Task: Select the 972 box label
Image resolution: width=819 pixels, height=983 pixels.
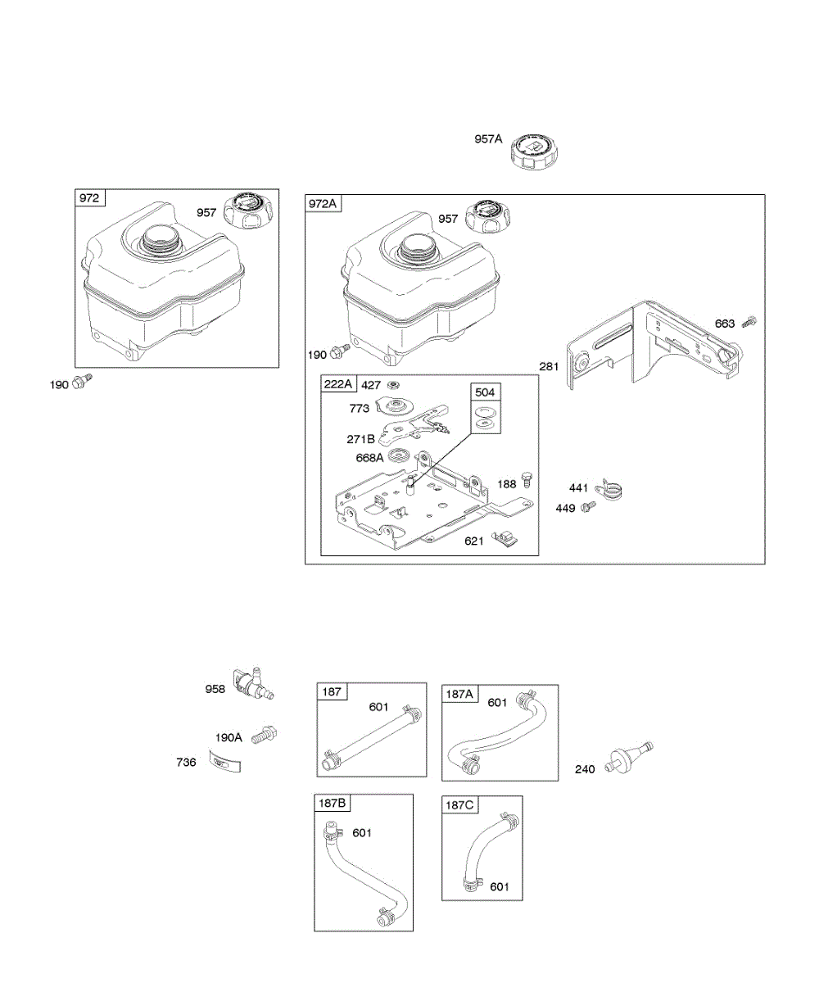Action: click(x=89, y=198)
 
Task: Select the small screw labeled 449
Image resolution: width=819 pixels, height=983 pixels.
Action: click(x=587, y=508)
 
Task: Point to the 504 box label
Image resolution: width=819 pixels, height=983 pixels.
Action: click(x=485, y=392)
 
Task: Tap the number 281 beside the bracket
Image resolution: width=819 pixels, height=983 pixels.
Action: click(x=550, y=366)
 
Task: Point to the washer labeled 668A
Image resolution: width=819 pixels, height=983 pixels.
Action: click(x=400, y=455)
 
